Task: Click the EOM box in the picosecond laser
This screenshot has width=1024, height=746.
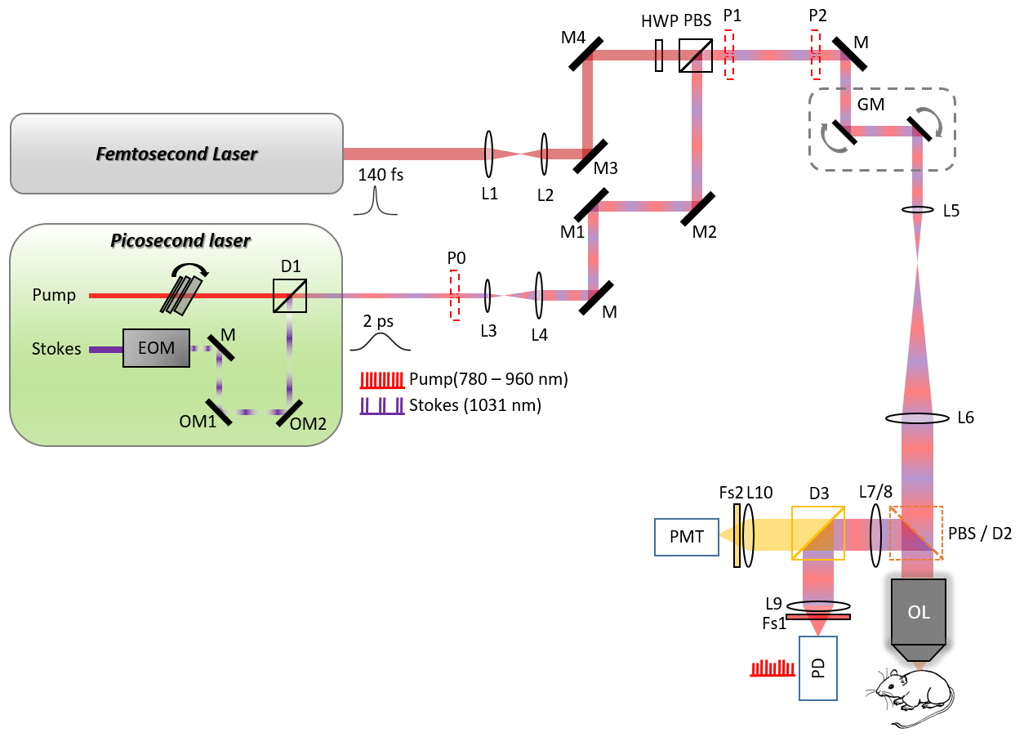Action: [x=156, y=348]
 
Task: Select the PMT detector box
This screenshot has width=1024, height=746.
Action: [x=686, y=538]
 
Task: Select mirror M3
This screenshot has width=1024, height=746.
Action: [x=590, y=156]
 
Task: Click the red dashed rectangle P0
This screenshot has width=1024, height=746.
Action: [x=455, y=297]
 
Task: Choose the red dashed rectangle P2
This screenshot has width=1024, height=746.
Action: [x=815, y=55]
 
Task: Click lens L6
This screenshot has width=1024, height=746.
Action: [x=918, y=418]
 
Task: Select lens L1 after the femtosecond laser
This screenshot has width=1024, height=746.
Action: [x=488, y=154]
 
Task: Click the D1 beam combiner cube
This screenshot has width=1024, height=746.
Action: [x=290, y=296]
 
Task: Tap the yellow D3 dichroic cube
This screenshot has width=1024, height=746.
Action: [x=817, y=533]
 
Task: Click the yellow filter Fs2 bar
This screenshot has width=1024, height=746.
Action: [x=737, y=535]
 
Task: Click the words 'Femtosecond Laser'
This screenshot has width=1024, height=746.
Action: [x=177, y=154]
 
